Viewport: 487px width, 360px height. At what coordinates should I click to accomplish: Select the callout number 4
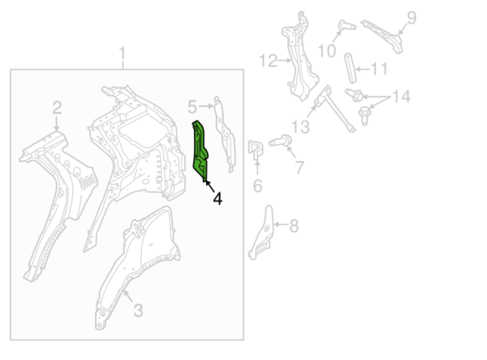218,199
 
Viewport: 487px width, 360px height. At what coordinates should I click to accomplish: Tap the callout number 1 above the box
122,53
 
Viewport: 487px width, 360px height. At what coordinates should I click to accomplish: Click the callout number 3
138,310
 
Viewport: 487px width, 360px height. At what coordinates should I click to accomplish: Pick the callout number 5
192,107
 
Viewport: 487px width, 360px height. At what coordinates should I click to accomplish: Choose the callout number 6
258,186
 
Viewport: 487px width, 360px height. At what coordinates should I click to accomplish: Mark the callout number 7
300,167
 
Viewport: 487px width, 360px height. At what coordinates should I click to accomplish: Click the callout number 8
294,226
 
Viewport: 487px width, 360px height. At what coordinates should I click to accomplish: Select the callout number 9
412,18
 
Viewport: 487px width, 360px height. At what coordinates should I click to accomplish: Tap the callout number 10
327,51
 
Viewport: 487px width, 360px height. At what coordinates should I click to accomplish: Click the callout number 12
268,61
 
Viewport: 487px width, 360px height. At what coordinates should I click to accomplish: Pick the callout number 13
300,127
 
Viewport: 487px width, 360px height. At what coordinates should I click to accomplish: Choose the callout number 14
401,96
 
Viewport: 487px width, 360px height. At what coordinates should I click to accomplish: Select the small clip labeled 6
255,149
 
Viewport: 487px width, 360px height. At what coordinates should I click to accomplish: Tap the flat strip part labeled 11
350,68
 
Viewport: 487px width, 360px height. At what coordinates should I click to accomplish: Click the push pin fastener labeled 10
346,25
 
